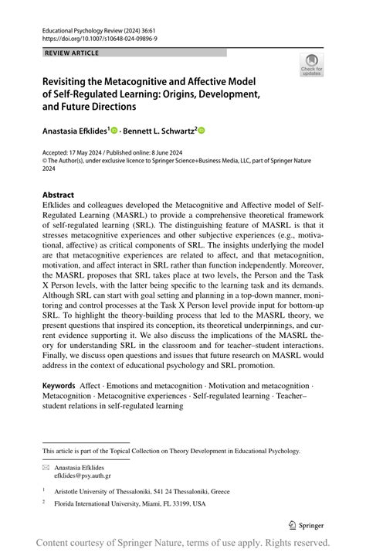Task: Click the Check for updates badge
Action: click(x=312, y=64)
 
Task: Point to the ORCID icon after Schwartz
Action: click(x=203, y=131)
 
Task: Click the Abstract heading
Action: click(x=58, y=195)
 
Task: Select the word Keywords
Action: click(x=59, y=407)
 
